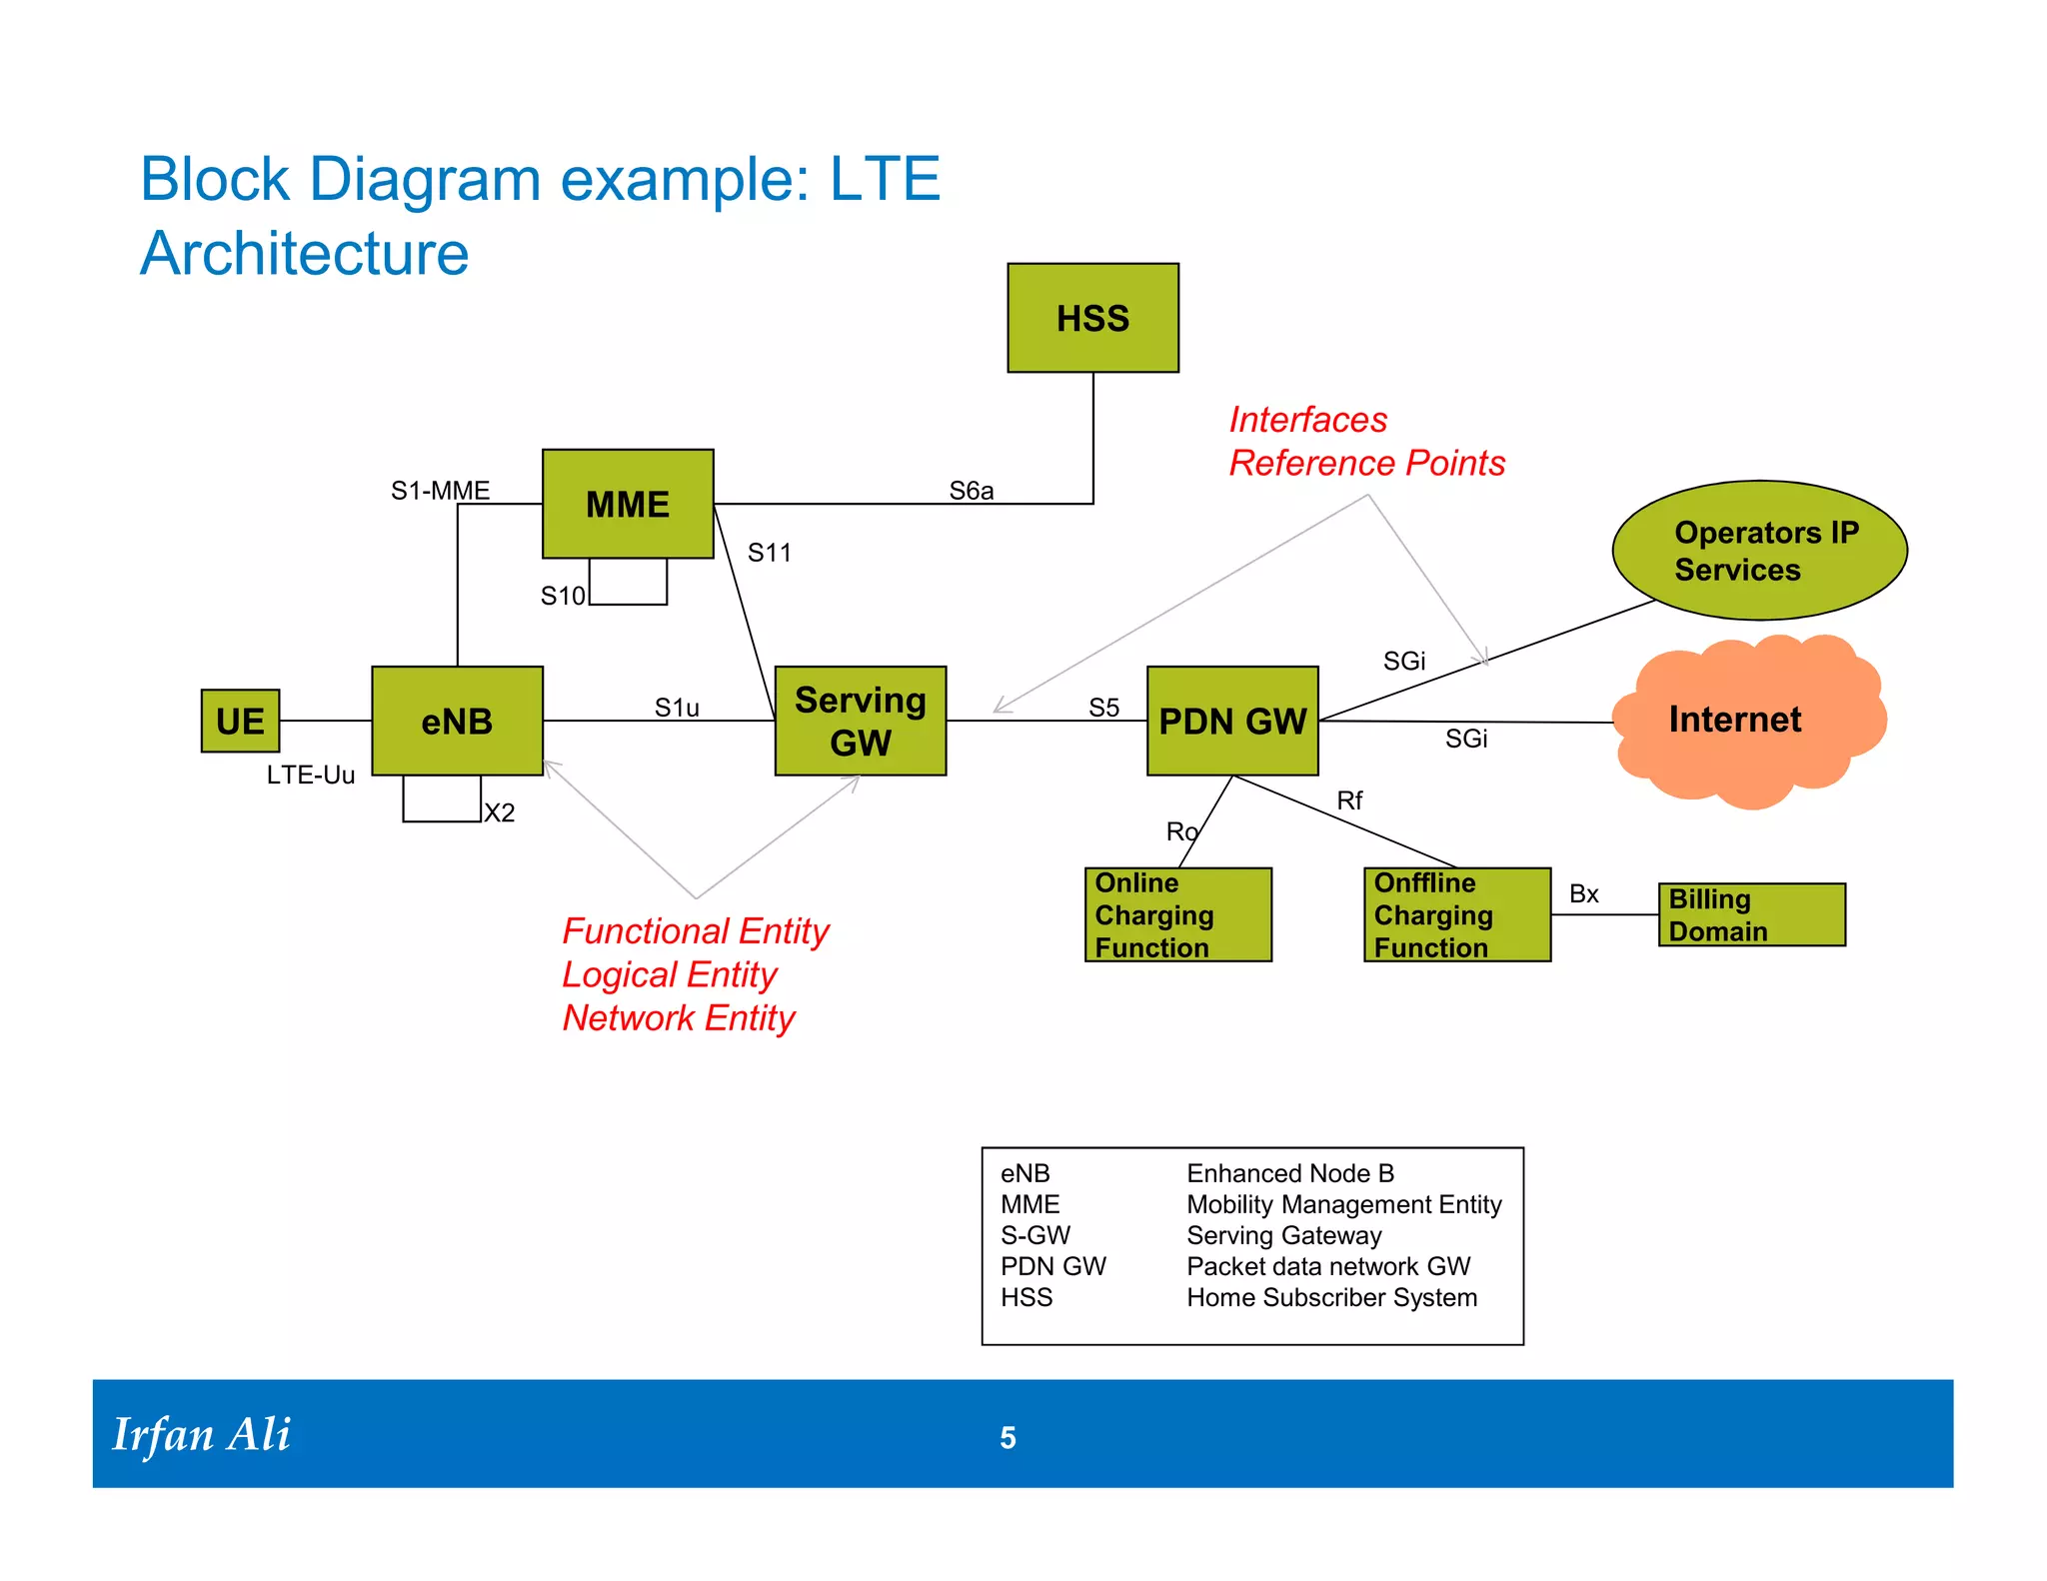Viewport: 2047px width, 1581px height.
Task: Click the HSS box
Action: (x=1092, y=318)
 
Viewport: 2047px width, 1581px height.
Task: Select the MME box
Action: (x=628, y=504)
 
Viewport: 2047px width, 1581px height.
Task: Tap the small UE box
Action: (x=240, y=721)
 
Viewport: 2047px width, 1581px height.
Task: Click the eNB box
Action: (x=457, y=721)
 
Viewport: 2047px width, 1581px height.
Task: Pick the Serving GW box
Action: (x=860, y=721)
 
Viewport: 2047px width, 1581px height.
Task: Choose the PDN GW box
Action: (x=1231, y=721)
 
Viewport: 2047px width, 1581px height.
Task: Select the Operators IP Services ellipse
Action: (x=1759, y=551)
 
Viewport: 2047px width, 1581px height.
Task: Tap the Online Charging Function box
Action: (x=1177, y=914)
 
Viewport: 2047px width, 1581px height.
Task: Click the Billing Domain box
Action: (x=1751, y=914)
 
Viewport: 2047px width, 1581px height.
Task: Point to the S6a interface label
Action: (x=971, y=491)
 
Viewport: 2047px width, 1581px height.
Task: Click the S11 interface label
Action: (x=769, y=553)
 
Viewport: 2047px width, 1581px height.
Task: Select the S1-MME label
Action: (x=440, y=491)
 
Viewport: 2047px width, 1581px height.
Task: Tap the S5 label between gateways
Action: (x=1103, y=708)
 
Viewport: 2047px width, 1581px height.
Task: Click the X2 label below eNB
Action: (x=499, y=812)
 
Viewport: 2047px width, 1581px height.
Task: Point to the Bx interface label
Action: (x=1583, y=893)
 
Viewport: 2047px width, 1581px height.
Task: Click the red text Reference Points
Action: (x=1366, y=463)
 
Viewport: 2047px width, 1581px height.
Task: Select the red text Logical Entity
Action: (x=669, y=974)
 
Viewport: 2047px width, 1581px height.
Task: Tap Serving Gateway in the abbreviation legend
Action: (x=1283, y=1236)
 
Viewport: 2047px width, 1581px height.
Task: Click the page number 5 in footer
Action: (x=1008, y=1437)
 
